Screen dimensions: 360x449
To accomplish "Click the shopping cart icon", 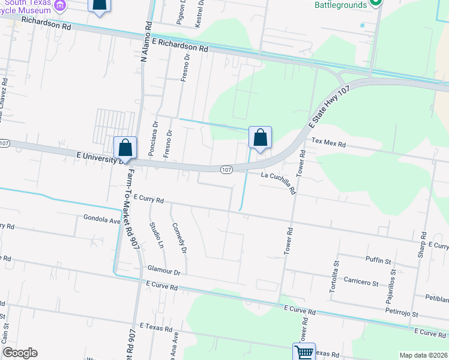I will click(304, 352).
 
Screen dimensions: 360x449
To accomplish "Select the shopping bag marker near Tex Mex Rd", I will click(260, 137).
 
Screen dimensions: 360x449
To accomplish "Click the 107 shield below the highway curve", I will click(226, 170).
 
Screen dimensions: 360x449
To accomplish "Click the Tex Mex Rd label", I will click(329, 144).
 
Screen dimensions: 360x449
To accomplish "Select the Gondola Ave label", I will click(103, 220).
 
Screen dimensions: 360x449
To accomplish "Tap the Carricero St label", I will click(361, 281).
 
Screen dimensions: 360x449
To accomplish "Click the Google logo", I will click(20, 353).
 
